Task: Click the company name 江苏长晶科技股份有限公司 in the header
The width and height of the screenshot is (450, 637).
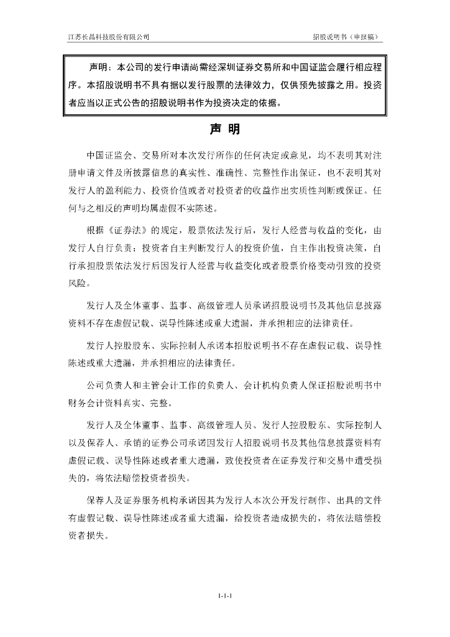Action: tap(109, 37)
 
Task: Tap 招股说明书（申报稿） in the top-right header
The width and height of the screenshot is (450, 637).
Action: tap(346, 37)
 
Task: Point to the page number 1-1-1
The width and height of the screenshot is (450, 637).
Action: tap(224, 596)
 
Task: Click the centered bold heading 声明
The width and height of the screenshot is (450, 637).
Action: tap(224, 130)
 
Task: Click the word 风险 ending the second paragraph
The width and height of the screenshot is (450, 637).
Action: tap(79, 284)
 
